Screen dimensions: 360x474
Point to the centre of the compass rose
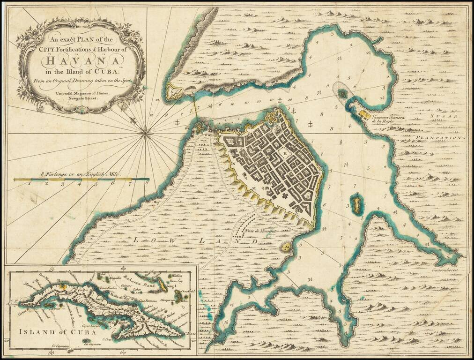pos(147,134)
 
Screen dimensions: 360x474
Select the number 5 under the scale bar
pos(96,184)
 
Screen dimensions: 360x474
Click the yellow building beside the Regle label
pos(364,113)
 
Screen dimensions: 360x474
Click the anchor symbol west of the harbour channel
pos(177,123)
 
